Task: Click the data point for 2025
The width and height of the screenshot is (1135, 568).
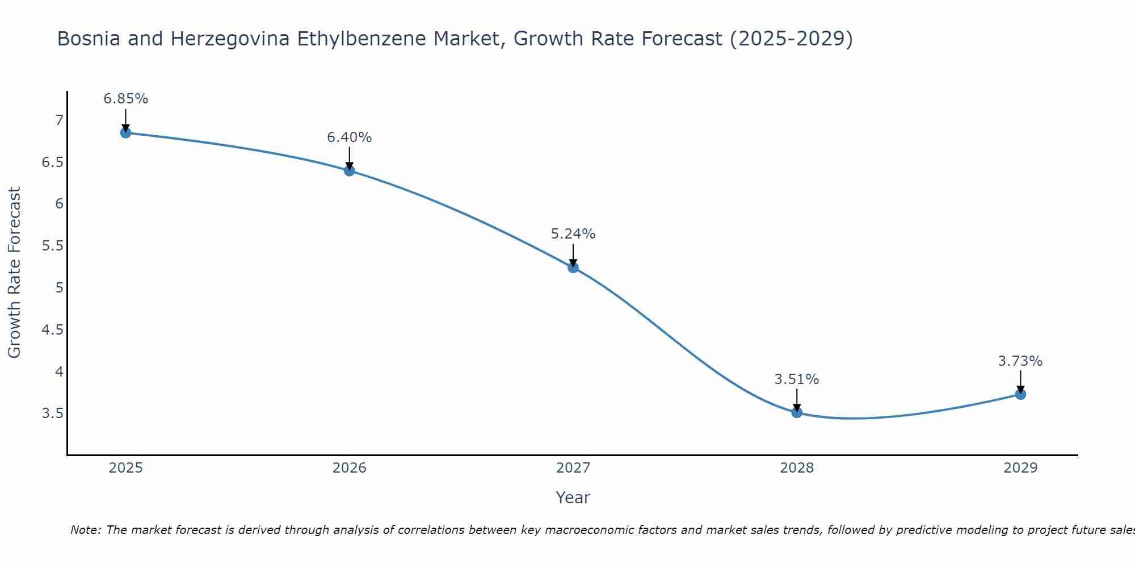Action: pyautogui.click(x=126, y=133)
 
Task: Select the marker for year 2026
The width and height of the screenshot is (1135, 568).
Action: pyautogui.click(x=350, y=170)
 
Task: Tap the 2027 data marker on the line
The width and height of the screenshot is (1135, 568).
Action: pyautogui.click(x=573, y=268)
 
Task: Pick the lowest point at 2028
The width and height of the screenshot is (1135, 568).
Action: pyautogui.click(x=797, y=412)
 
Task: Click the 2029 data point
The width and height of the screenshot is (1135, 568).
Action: pyautogui.click(x=1020, y=394)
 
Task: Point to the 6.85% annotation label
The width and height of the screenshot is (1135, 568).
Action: pyautogui.click(x=126, y=99)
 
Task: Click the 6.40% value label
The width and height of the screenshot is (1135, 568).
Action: pyautogui.click(x=350, y=137)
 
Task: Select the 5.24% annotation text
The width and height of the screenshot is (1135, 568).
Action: pyautogui.click(x=573, y=234)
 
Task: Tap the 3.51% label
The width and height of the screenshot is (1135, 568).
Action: pyautogui.click(x=797, y=379)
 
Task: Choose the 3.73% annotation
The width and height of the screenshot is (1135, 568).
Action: pyautogui.click(x=1020, y=361)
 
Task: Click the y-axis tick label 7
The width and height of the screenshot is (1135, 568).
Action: pyautogui.click(x=59, y=120)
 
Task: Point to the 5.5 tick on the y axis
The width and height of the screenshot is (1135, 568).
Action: pyautogui.click(x=52, y=246)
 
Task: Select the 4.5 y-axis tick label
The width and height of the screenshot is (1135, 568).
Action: pyautogui.click(x=52, y=330)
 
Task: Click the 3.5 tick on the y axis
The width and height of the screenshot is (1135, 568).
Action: pyautogui.click(x=52, y=414)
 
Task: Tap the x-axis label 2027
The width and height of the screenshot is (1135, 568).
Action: pyautogui.click(x=573, y=468)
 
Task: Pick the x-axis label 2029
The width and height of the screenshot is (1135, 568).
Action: pyautogui.click(x=1020, y=468)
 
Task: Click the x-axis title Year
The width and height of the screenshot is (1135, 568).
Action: pyautogui.click(x=573, y=498)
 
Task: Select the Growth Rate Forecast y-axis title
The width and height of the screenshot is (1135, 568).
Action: pyautogui.click(x=15, y=273)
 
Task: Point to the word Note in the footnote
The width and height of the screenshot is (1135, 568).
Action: pyautogui.click(x=85, y=530)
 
